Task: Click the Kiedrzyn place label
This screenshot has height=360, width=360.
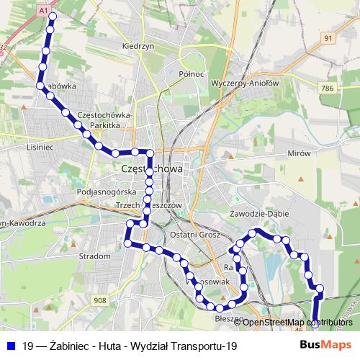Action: (x=139, y=45)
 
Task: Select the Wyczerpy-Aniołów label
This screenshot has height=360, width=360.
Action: (x=245, y=83)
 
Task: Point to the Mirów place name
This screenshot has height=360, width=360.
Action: (x=297, y=153)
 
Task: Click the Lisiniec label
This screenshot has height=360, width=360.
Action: (x=40, y=146)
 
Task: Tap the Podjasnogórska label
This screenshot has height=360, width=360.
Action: (x=106, y=192)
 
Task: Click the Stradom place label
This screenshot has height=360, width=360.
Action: (x=95, y=256)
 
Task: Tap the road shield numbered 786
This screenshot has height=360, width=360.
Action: (x=328, y=87)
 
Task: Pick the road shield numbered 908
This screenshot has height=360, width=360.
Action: (x=99, y=300)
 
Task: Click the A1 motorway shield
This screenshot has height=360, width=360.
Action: (x=43, y=12)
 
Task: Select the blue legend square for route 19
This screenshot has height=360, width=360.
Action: (x=12, y=346)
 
